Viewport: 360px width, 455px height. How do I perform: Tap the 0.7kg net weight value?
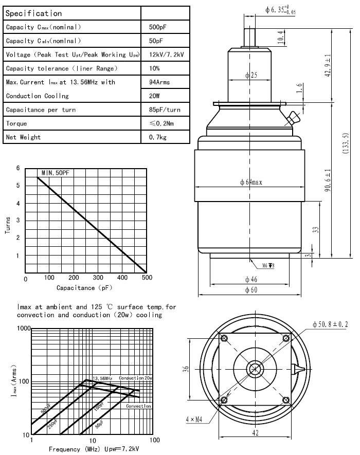(x=156, y=137)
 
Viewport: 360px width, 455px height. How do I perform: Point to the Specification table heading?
(x=33, y=13)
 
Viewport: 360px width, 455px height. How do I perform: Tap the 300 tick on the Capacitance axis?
(x=98, y=278)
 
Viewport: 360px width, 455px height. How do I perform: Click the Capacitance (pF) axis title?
(x=83, y=288)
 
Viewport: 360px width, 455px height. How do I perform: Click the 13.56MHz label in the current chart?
(x=103, y=378)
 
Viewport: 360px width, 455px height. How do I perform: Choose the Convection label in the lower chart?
(x=138, y=406)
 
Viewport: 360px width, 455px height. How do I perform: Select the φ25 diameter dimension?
(x=251, y=76)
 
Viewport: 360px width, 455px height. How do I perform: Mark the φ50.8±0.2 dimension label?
(x=331, y=324)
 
